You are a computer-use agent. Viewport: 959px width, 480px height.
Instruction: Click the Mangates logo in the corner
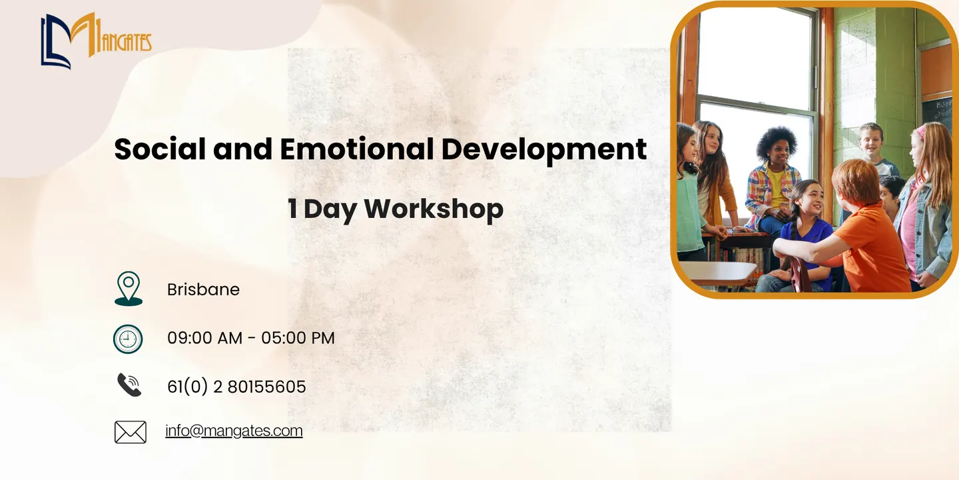pyautogui.click(x=97, y=41)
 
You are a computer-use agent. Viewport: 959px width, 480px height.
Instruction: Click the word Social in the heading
pyautogui.click(x=160, y=149)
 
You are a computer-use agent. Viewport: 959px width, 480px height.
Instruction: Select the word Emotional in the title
pyautogui.click(x=357, y=149)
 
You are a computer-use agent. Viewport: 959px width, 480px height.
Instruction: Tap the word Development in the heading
pyautogui.click(x=544, y=151)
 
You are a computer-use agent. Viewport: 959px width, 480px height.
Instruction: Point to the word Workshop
pyautogui.click(x=434, y=209)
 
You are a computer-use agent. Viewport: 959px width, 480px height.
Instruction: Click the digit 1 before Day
pyautogui.click(x=293, y=209)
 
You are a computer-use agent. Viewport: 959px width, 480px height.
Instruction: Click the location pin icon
pyautogui.click(x=129, y=289)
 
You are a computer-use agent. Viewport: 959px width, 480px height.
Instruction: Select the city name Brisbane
pyautogui.click(x=203, y=290)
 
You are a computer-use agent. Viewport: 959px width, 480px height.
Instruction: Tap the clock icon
pyautogui.click(x=128, y=339)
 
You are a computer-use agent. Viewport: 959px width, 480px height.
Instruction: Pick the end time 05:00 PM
pyautogui.click(x=298, y=338)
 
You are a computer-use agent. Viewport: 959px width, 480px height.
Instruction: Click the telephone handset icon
pyautogui.click(x=129, y=385)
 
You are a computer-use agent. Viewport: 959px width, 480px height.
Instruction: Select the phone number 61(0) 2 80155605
pyautogui.click(x=237, y=387)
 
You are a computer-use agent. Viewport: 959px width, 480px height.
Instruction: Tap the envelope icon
pyautogui.click(x=131, y=432)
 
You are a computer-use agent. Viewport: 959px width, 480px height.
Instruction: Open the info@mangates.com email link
pyautogui.click(x=234, y=431)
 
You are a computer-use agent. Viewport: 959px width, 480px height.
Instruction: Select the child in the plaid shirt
pyautogui.click(x=773, y=184)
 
